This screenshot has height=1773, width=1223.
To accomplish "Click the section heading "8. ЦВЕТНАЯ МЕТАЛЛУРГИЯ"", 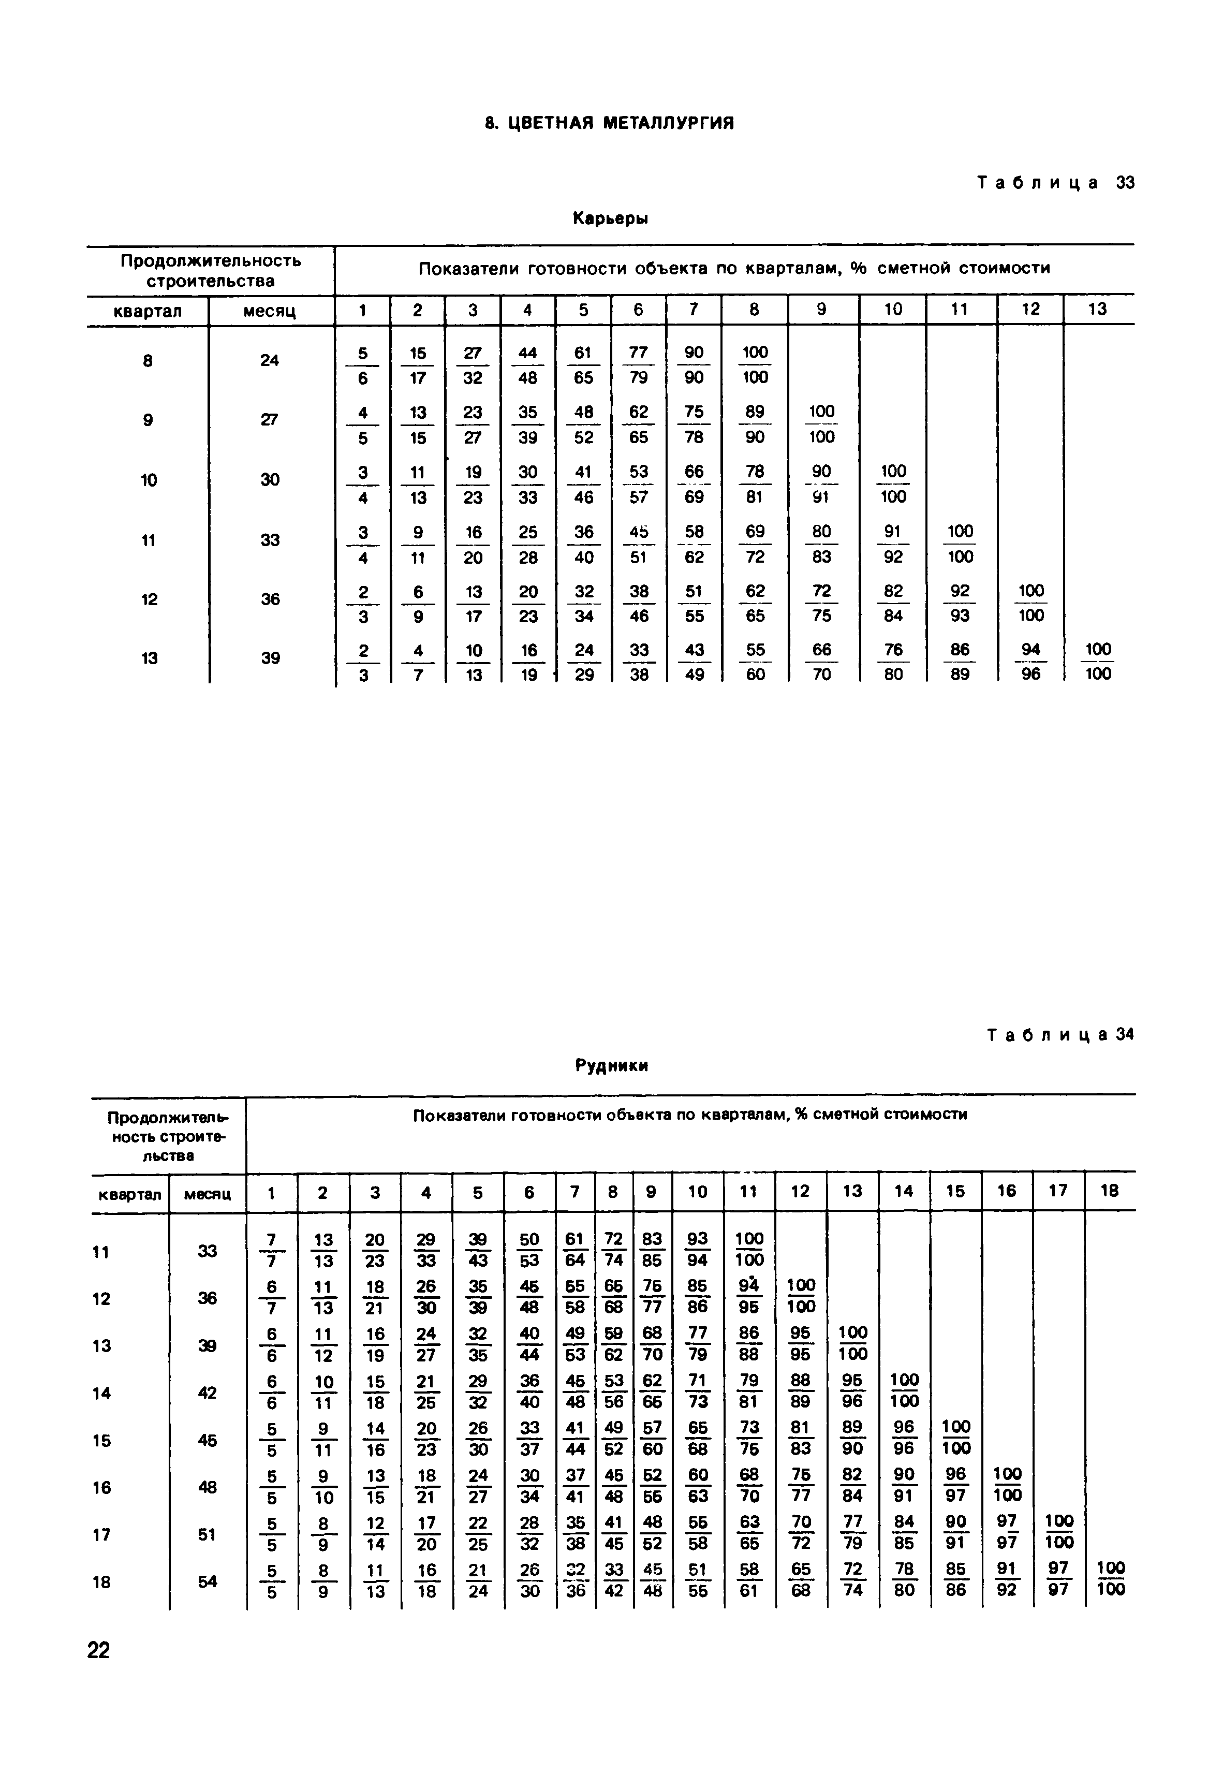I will point(610,123).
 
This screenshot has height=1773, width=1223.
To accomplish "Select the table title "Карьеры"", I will point(610,219).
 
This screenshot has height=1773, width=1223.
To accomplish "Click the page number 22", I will point(99,1650).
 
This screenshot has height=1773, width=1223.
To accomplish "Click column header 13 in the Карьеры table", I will point(1098,310).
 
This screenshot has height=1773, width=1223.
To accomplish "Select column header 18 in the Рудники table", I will point(1110,1192).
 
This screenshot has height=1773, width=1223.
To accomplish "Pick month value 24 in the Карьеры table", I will point(270,360).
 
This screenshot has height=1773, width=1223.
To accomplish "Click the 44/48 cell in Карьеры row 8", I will point(528,365).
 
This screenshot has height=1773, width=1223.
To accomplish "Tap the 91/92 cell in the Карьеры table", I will point(893,544).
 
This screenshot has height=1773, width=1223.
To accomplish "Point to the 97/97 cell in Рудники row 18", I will point(1058,1580).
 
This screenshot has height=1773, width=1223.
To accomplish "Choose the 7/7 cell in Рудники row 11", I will point(271,1251).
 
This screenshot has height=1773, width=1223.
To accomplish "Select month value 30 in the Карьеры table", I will point(270,480).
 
